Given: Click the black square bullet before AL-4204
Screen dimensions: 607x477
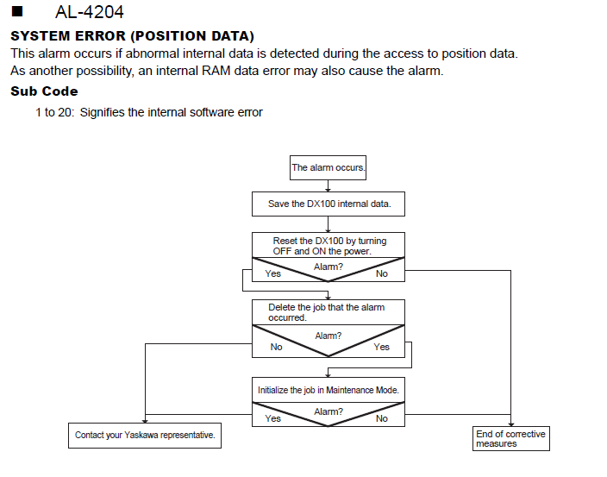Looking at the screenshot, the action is (17, 11).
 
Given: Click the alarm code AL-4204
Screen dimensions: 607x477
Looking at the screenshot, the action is (90, 12).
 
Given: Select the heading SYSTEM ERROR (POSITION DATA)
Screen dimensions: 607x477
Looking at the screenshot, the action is (132, 36).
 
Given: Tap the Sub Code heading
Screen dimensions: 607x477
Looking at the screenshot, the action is (44, 91).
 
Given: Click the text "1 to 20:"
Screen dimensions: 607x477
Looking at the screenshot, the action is (54, 112).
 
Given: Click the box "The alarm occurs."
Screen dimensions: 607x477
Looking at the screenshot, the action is (328, 167).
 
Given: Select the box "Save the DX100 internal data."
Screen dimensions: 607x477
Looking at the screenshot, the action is (329, 204).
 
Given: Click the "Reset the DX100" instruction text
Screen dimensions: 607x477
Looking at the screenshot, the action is (329, 246).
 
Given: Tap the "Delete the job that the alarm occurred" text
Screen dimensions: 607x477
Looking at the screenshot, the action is (326, 312).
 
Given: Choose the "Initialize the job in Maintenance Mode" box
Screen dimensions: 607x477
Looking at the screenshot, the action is (329, 390).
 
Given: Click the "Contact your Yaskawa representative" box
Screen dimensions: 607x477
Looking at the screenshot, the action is (145, 436).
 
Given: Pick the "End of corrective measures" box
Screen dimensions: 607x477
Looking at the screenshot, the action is (511, 439).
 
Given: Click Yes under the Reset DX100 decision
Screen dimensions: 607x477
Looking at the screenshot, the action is (273, 273).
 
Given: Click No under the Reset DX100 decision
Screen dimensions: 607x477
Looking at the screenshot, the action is (382, 273).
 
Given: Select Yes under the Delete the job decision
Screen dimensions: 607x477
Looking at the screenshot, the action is (382, 347).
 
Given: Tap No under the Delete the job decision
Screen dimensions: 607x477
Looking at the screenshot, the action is (277, 347).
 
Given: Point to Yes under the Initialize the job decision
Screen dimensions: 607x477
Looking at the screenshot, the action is (273, 418).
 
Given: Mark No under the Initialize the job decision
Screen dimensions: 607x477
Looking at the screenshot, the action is (382, 418).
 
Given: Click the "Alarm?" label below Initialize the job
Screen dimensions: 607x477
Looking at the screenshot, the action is (329, 411).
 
